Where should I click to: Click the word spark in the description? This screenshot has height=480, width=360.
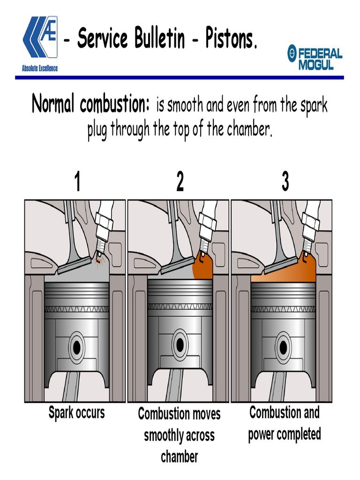coord(311,105)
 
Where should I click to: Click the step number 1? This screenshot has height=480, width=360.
coord(77,182)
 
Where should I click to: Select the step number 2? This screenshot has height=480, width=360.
coord(180,182)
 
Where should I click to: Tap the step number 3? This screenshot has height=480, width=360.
coord(285,182)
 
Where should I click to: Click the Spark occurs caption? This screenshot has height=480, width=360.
coord(77,413)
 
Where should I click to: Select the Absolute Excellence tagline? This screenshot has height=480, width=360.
coord(40,68)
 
